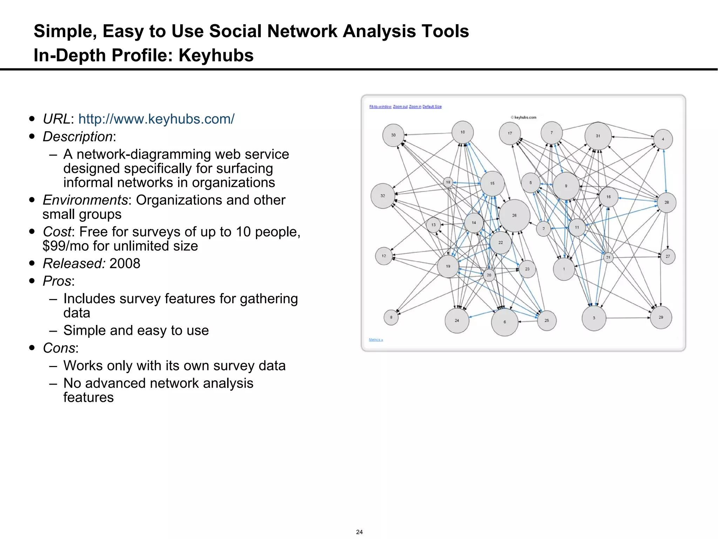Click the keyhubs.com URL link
(x=156, y=119)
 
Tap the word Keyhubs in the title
(x=216, y=55)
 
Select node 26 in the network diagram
(x=514, y=215)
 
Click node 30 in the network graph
(x=393, y=135)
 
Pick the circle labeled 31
(x=598, y=136)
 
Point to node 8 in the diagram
(x=391, y=318)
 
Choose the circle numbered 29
(x=661, y=318)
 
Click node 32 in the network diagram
(x=383, y=196)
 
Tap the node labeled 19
(x=448, y=267)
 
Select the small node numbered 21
(x=608, y=258)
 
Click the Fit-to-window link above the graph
(x=380, y=107)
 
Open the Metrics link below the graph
(x=375, y=340)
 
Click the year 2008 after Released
(x=125, y=264)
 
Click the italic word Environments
(x=85, y=200)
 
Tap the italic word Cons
(x=59, y=348)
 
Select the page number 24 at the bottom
(x=359, y=532)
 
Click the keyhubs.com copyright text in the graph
(x=524, y=118)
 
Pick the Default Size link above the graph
(x=432, y=107)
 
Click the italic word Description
(x=77, y=137)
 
